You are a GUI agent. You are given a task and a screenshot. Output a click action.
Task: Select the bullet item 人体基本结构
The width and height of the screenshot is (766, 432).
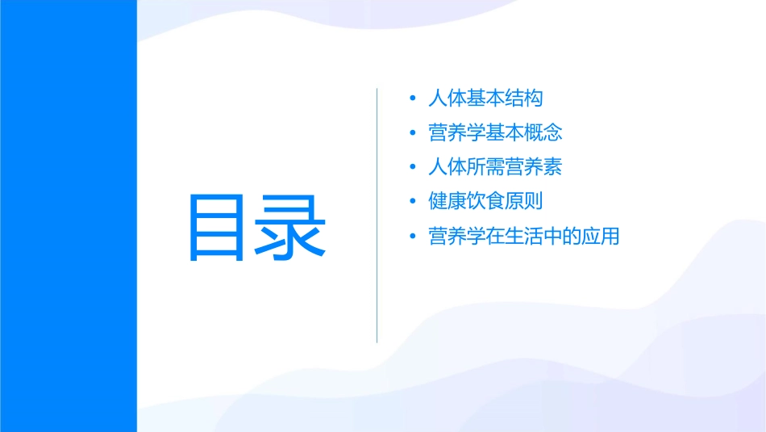point(486,99)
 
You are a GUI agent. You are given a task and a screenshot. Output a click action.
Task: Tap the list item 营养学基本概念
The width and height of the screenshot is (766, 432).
point(496,132)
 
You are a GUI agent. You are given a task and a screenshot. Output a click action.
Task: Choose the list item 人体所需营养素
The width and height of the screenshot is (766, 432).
point(496,167)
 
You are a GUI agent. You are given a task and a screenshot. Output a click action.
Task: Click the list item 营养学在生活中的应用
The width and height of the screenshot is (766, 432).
point(524,237)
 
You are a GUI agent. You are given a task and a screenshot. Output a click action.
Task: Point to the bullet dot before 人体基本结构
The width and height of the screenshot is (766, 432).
point(413,99)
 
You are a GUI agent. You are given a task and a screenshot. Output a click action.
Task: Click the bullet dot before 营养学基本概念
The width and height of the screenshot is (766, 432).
point(413,133)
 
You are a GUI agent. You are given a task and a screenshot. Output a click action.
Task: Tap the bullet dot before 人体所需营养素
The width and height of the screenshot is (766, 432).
point(413,168)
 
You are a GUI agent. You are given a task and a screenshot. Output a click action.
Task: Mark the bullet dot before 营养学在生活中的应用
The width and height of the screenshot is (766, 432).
point(413,237)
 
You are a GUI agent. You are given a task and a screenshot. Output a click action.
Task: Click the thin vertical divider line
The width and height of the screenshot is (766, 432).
point(377,215)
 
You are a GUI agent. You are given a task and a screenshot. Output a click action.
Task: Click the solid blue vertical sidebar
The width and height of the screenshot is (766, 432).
point(68,216)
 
